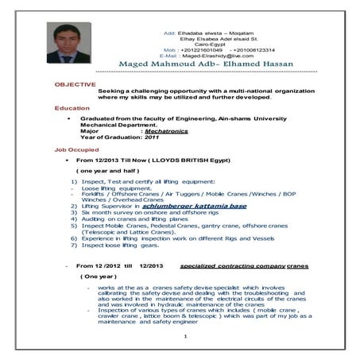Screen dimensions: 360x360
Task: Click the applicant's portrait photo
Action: (64, 42)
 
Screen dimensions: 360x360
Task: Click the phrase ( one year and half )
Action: (107, 171)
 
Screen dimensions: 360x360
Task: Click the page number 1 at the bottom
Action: (184, 335)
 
